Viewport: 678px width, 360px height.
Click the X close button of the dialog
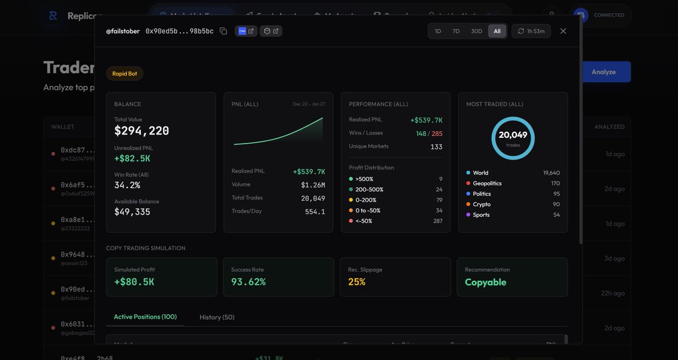[x=563, y=31]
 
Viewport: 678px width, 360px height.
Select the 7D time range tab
[x=456, y=31]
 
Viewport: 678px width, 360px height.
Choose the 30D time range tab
[x=476, y=31]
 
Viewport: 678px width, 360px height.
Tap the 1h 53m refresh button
[x=531, y=31]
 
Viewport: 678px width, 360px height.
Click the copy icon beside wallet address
[x=223, y=31]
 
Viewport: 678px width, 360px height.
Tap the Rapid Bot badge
[x=124, y=73]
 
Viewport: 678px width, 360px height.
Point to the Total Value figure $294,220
[x=141, y=131]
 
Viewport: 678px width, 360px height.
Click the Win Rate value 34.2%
[x=127, y=185]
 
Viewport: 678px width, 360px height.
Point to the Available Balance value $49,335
[x=132, y=212]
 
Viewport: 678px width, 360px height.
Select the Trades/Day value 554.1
[x=315, y=211]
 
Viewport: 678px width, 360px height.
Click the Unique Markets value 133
[x=436, y=147]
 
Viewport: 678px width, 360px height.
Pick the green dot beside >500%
[x=351, y=179]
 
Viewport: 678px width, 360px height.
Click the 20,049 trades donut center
[x=513, y=138]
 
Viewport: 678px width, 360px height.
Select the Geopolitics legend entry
[x=487, y=183]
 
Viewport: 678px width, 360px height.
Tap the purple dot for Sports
[x=468, y=215]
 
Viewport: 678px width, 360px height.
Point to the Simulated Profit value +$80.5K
[x=134, y=282]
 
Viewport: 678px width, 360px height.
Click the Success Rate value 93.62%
[x=248, y=282]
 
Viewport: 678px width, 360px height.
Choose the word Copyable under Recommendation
[x=485, y=282]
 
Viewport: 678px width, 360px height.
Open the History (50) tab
[x=217, y=317]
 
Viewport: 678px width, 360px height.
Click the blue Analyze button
[x=603, y=72]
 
